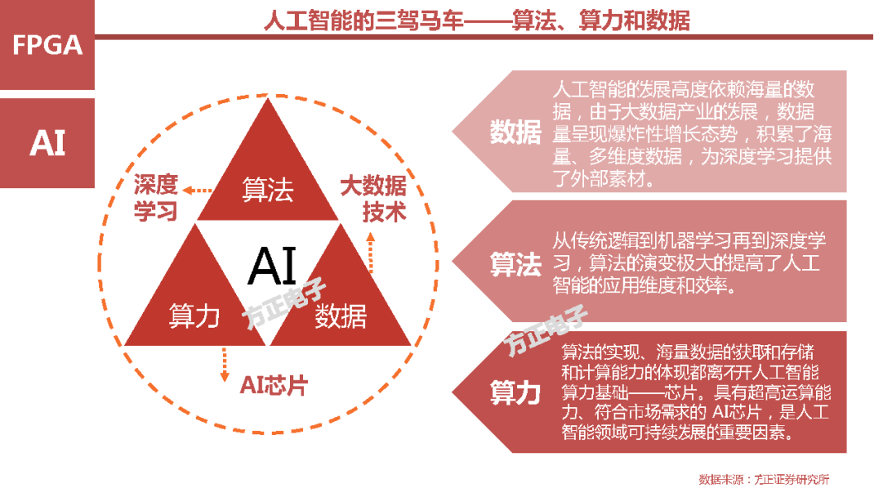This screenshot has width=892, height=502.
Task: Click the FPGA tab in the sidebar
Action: point(48,45)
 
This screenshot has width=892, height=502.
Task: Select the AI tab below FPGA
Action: point(48,143)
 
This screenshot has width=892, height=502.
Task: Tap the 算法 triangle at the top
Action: point(268,191)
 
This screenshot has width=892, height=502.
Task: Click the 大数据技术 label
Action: point(373,198)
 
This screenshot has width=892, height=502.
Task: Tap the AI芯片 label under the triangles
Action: point(273,386)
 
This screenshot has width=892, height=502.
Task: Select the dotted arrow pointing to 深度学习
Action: point(197,190)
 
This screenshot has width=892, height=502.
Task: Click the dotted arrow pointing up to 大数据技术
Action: point(370,251)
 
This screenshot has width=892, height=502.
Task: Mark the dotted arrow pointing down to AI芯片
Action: point(224,363)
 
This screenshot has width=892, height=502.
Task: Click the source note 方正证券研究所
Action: point(763,479)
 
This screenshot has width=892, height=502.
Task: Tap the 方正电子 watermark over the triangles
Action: point(286,305)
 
